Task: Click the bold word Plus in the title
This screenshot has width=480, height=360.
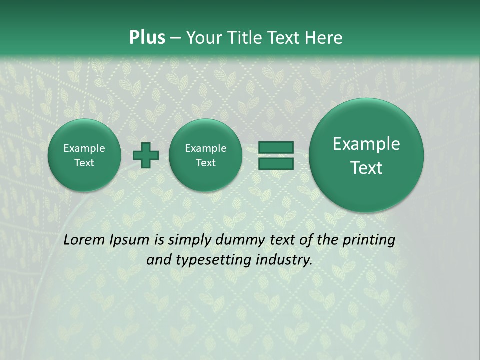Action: (147, 38)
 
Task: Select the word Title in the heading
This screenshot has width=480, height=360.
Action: (246, 38)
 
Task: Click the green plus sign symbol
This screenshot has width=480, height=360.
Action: (146, 155)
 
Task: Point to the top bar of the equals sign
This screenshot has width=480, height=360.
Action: (275, 148)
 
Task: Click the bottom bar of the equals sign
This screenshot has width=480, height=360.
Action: (275, 163)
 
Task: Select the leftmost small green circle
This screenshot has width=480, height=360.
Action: (84, 155)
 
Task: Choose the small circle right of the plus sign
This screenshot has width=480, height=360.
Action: (205, 155)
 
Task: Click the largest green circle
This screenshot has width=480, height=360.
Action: (366, 155)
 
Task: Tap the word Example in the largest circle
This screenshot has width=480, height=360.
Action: (366, 144)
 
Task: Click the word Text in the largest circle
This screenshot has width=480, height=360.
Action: (366, 168)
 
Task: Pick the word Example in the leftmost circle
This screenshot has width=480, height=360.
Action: (84, 148)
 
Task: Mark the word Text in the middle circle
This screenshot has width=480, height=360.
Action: (205, 163)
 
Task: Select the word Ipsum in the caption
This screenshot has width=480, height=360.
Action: (130, 240)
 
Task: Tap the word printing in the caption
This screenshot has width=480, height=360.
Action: (368, 240)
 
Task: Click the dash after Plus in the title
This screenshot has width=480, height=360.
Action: (175, 38)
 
